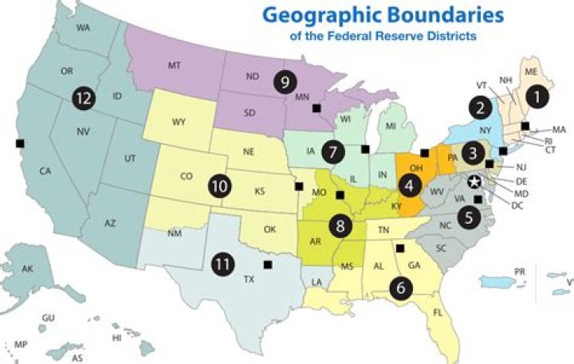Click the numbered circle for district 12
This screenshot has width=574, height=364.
point(81,98)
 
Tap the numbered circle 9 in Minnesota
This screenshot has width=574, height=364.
point(285,80)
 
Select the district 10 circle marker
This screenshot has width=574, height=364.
point(219,186)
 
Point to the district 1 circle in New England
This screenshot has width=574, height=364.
point(540,96)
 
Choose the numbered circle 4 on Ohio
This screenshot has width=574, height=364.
point(411,186)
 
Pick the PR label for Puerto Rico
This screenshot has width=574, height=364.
point(520,272)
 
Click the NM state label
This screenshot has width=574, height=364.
point(175,233)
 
